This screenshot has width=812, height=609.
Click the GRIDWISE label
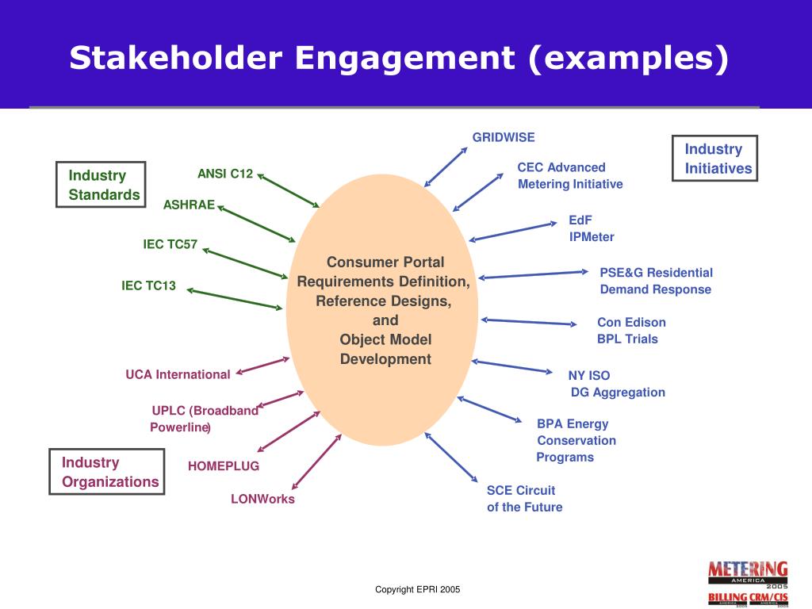tap(504, 137)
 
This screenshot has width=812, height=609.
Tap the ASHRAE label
tap(189, 205)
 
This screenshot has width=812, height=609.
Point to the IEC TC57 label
tap(170, 244)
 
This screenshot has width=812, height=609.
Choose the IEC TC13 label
tap(148, 285)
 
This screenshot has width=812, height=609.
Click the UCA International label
tap(178, 374)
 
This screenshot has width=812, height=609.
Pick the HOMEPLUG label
tap(224, 466)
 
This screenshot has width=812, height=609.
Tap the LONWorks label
tap(262, 500)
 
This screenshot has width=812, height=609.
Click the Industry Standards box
tap(101, 185)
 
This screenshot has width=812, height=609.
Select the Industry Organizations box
tap(107, 472)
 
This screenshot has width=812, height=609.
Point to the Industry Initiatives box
tap(715, 159)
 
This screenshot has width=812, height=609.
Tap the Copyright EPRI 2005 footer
tap(417, 589)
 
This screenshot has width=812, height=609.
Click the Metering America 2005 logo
tap(748, 572)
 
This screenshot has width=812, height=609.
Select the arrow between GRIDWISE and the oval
tap(446, 167)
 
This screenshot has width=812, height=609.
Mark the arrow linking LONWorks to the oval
tap(316, 461)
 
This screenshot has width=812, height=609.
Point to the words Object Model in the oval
tap(385, 339)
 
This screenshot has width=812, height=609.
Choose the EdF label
tap(580, 220)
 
